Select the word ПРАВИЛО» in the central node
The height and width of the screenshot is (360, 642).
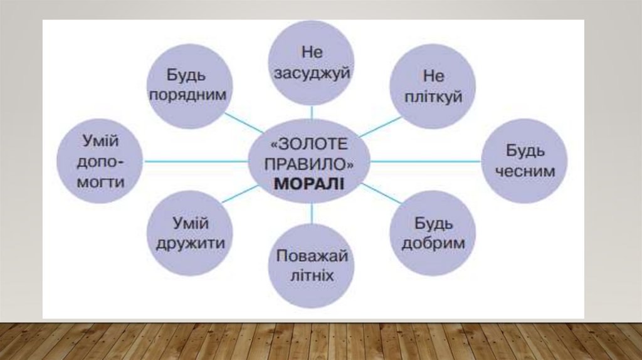[x=310, y=164]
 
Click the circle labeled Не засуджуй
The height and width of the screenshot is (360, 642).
[x=312, y=61]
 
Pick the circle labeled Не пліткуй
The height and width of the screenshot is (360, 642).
[x=433, y=87]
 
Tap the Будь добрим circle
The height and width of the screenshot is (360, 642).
[x=433, y=233]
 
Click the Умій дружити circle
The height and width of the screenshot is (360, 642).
[x=190, y=233]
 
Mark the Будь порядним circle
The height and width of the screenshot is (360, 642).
[x=190, y=87]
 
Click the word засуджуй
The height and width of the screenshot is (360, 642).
[x=312, y=72]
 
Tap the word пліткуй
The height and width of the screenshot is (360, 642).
[x=433, y=97]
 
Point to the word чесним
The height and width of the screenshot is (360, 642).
[x=524, y=171]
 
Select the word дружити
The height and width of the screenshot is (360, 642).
[x=190, y=243]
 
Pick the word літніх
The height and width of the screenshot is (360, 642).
[x=312, y=276]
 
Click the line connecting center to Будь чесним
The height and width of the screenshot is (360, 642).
[x=426, y=161]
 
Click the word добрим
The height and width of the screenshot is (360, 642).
[x=433, y=243]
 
